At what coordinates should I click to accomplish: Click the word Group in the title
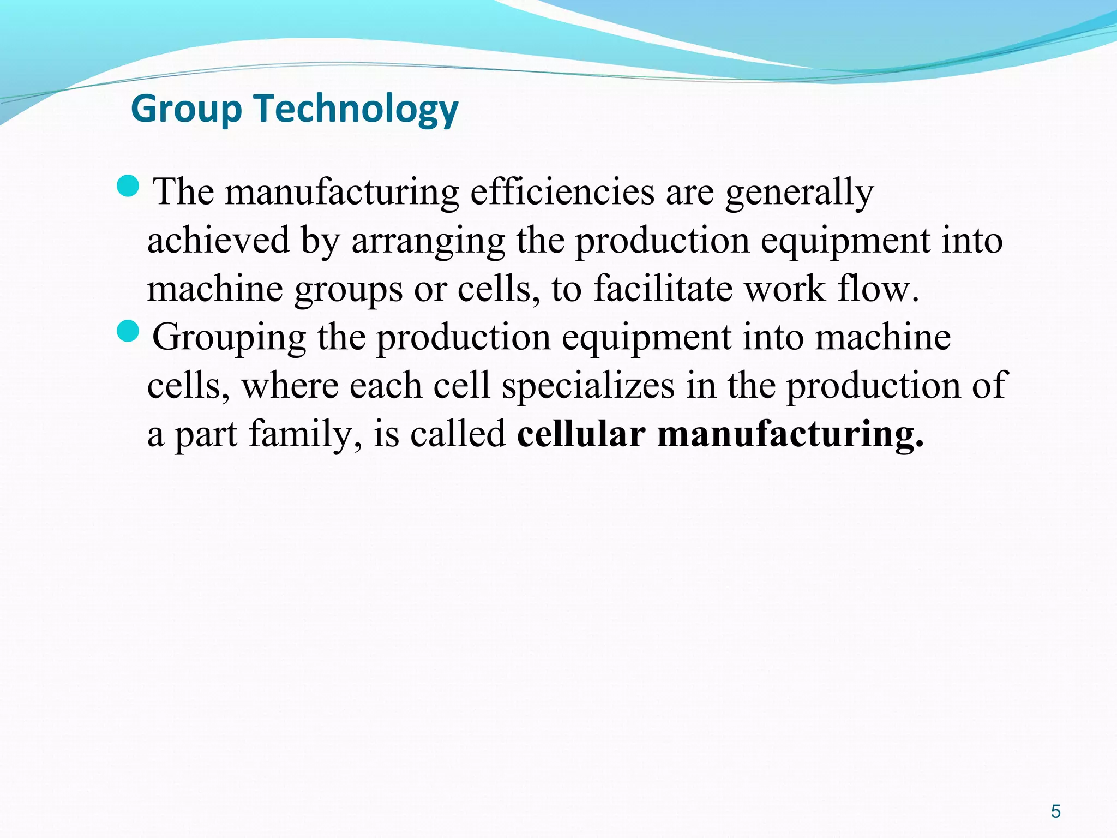click(x=186, y=109)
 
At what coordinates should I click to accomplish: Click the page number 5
click(x=1055, y=811)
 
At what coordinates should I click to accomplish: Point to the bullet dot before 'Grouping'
click(x=129, y=331)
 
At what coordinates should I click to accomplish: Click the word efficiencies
click(x=562, y=192)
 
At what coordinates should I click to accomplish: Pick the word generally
click(x=799, y=192)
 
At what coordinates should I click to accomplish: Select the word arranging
click(x=428, y=241)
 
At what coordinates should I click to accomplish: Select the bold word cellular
click(x=581, y=434)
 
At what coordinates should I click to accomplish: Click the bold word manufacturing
click(x=791, y=434)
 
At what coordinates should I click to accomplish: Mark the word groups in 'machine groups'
click(x=349, y=289)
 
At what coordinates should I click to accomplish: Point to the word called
click(x=458, y=434)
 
